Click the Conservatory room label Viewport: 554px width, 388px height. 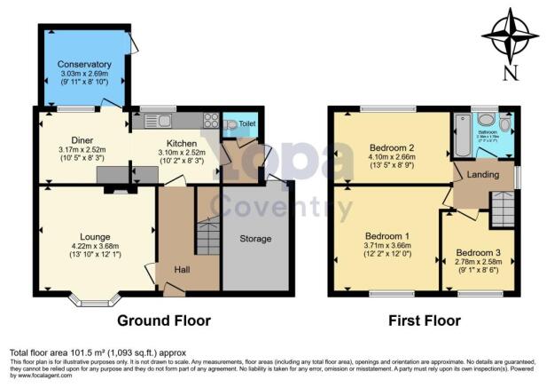(85, 65)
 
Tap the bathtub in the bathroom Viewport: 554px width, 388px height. (461, 138)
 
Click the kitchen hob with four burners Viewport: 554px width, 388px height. (212, 122)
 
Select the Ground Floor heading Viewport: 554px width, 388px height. (167, 321)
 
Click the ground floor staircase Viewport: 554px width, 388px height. (207, 237)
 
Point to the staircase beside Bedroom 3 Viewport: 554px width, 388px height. (502, 210)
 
